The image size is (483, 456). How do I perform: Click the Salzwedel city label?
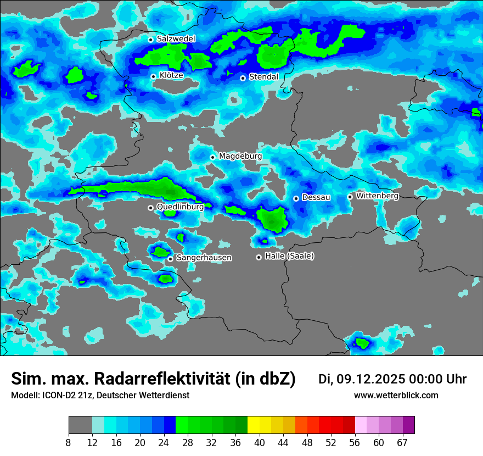tap(176, 39)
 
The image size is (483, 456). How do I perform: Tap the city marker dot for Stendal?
tap(243, 78)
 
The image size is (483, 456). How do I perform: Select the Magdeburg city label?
tap(240, 156)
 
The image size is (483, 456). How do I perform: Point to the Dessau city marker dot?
tap(296, 198)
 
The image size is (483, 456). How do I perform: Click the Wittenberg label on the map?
tap(377, 196)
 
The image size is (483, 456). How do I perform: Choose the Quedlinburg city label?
tap(180, 207)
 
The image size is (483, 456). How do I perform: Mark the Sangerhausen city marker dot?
tap(170, 259)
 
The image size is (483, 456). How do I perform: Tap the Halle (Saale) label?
tap(289, 256)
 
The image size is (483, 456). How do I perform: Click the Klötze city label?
tap(171, 75)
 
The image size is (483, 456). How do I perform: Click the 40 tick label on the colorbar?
tap(260, 443)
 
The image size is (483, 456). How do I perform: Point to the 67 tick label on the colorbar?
tap(402, 443)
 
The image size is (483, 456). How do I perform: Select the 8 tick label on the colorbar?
tap(69, 443)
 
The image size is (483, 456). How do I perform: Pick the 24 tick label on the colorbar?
tap(164, 443)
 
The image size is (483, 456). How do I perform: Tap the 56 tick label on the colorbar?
tap(355, 443)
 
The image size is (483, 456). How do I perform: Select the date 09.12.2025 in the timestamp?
tap(370, 379)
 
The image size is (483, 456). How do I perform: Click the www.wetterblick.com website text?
tap(396, 396)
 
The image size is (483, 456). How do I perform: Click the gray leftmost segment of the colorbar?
tap(80, 425)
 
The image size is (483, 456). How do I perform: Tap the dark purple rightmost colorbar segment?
tap(409, 425)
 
